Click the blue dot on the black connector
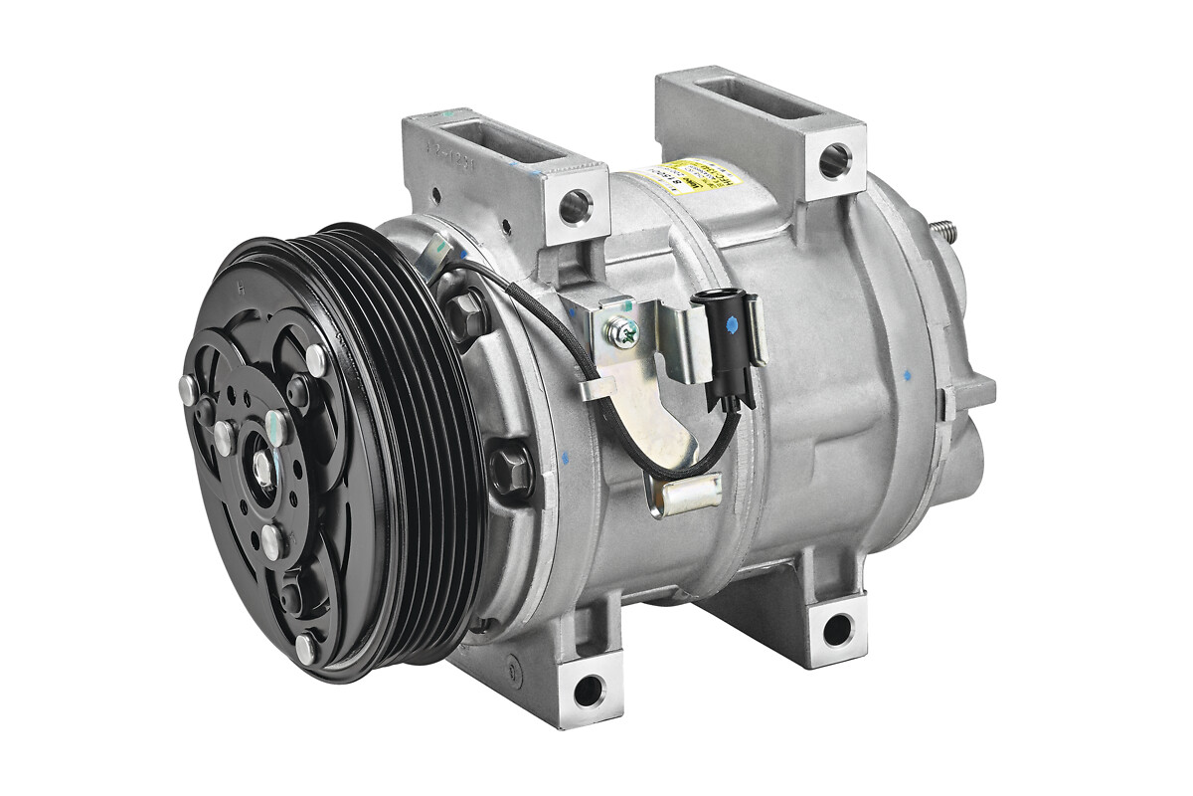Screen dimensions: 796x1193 [732, 322]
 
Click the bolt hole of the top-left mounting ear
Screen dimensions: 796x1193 [574, 207]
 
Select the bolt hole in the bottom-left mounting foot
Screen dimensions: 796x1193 [588, 688]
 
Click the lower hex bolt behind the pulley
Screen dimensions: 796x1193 [512, 467]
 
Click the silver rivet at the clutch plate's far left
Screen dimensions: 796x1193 [187, 391]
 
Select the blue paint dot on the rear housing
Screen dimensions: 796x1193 [907, 377]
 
